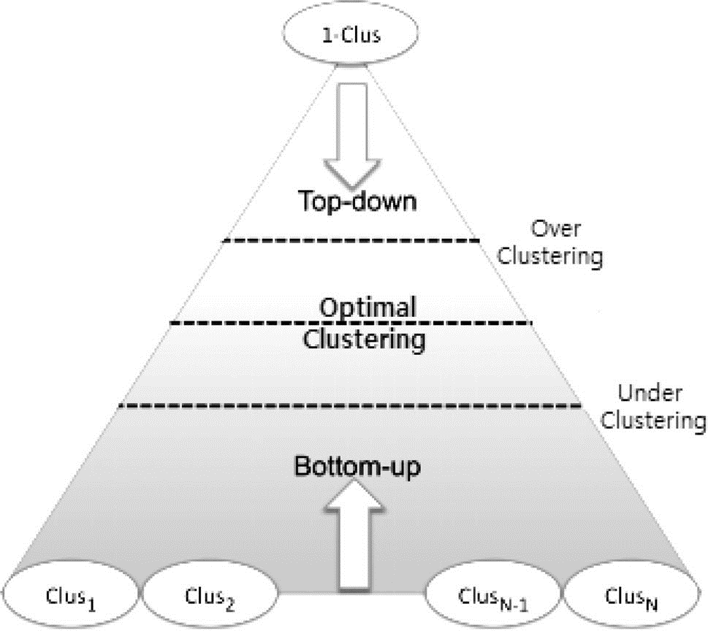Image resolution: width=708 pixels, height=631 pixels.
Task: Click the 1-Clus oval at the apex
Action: (x=351, y=32)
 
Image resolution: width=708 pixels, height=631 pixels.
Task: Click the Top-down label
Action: (x=357, y=201)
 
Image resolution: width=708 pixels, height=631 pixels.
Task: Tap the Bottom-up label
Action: (x=357, y=466)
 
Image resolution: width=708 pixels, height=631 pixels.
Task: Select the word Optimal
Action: (x=368, y=307)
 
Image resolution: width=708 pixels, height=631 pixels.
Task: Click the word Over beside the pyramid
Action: (x=555, y=229)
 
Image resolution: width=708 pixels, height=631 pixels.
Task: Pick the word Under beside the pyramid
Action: (x=650, y=393)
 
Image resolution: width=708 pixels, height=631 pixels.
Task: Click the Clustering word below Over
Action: (x=550, y=256)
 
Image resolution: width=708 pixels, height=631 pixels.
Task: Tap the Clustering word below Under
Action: (x=653, y=421)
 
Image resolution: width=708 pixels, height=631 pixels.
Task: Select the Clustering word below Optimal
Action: (x=364, y=340)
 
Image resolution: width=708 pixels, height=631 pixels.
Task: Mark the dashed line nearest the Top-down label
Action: (x=351, y=240)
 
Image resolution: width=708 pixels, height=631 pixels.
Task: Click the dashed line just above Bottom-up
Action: (x=349, y=406)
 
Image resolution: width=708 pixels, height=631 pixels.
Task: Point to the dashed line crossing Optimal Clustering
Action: (x=351, y=323)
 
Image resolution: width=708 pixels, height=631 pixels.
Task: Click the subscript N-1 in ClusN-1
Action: (x=514, y=604)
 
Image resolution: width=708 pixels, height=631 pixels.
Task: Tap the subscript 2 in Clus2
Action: (x=230, y=605)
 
